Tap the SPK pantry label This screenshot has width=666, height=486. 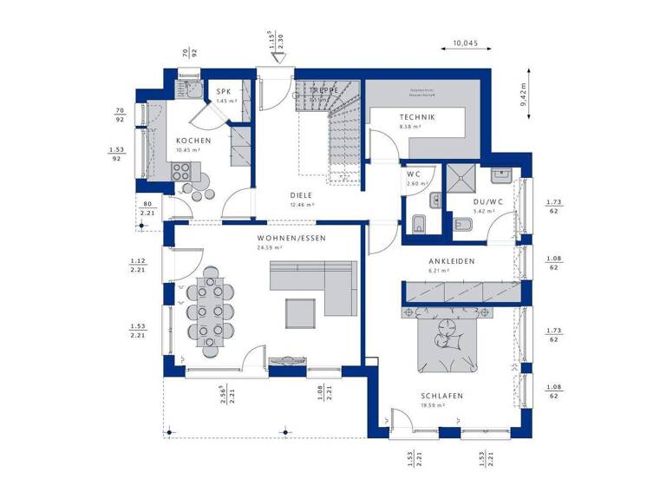224,91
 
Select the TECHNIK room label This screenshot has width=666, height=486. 417,117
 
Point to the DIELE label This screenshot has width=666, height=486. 302,195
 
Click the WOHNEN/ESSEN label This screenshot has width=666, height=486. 291,237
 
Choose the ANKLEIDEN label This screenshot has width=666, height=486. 452,261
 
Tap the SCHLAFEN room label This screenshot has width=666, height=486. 443,396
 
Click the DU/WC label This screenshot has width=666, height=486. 484,200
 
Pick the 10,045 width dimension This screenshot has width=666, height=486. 467,42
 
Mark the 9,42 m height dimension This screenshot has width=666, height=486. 524,90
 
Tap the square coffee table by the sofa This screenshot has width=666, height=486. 302,311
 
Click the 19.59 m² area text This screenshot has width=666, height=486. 434,405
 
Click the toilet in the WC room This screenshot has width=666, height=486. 418,223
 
